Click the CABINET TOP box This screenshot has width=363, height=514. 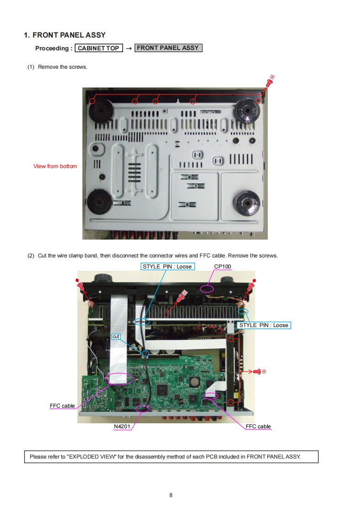tap(98, 48)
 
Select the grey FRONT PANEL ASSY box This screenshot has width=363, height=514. tap(168, 48)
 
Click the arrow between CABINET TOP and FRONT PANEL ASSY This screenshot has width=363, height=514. tap(129, 49)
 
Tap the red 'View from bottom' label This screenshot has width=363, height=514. tap(55, 166)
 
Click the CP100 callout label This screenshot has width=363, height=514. tap(222, 267)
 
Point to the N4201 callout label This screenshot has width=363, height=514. tap(122, 427)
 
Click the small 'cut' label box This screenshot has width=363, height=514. tap(116, 337)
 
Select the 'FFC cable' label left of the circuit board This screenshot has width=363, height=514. tap(62, 406)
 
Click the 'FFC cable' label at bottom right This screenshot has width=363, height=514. tap(258, 427)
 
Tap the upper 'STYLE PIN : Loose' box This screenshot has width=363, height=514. tap(168, 267)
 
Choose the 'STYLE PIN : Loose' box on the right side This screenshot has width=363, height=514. tap(264, 325)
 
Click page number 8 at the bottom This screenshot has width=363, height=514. tap(171, 495)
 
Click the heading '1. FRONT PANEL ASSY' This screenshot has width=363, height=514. tap(65, 35)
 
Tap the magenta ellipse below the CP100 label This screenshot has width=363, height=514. tap(207, 289)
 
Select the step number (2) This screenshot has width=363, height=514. tap(31, 256)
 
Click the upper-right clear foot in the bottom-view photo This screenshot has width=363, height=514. tap(247, 110)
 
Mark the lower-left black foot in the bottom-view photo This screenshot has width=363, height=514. tap(100, 202)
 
